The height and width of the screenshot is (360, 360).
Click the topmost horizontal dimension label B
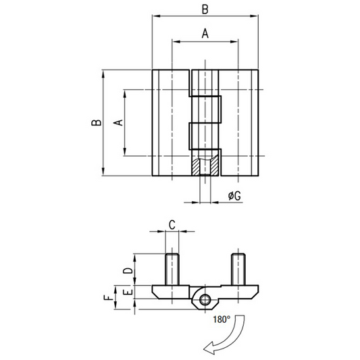tap(205, 9)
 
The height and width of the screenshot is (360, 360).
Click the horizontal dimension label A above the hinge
tap(205, 34)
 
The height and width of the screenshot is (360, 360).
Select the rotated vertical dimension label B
tap(97, 123)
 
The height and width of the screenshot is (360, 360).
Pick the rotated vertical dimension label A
tap(118, 123)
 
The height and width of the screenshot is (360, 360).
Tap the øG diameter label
tap(234, 196)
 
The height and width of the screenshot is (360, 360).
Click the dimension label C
tap(172, 225)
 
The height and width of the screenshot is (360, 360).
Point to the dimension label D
tap(128, 271)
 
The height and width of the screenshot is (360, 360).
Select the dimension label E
tap(128, 292)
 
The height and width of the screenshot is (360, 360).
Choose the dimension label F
tap(109, 298)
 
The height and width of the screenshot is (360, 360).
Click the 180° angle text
tap(222, 319)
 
